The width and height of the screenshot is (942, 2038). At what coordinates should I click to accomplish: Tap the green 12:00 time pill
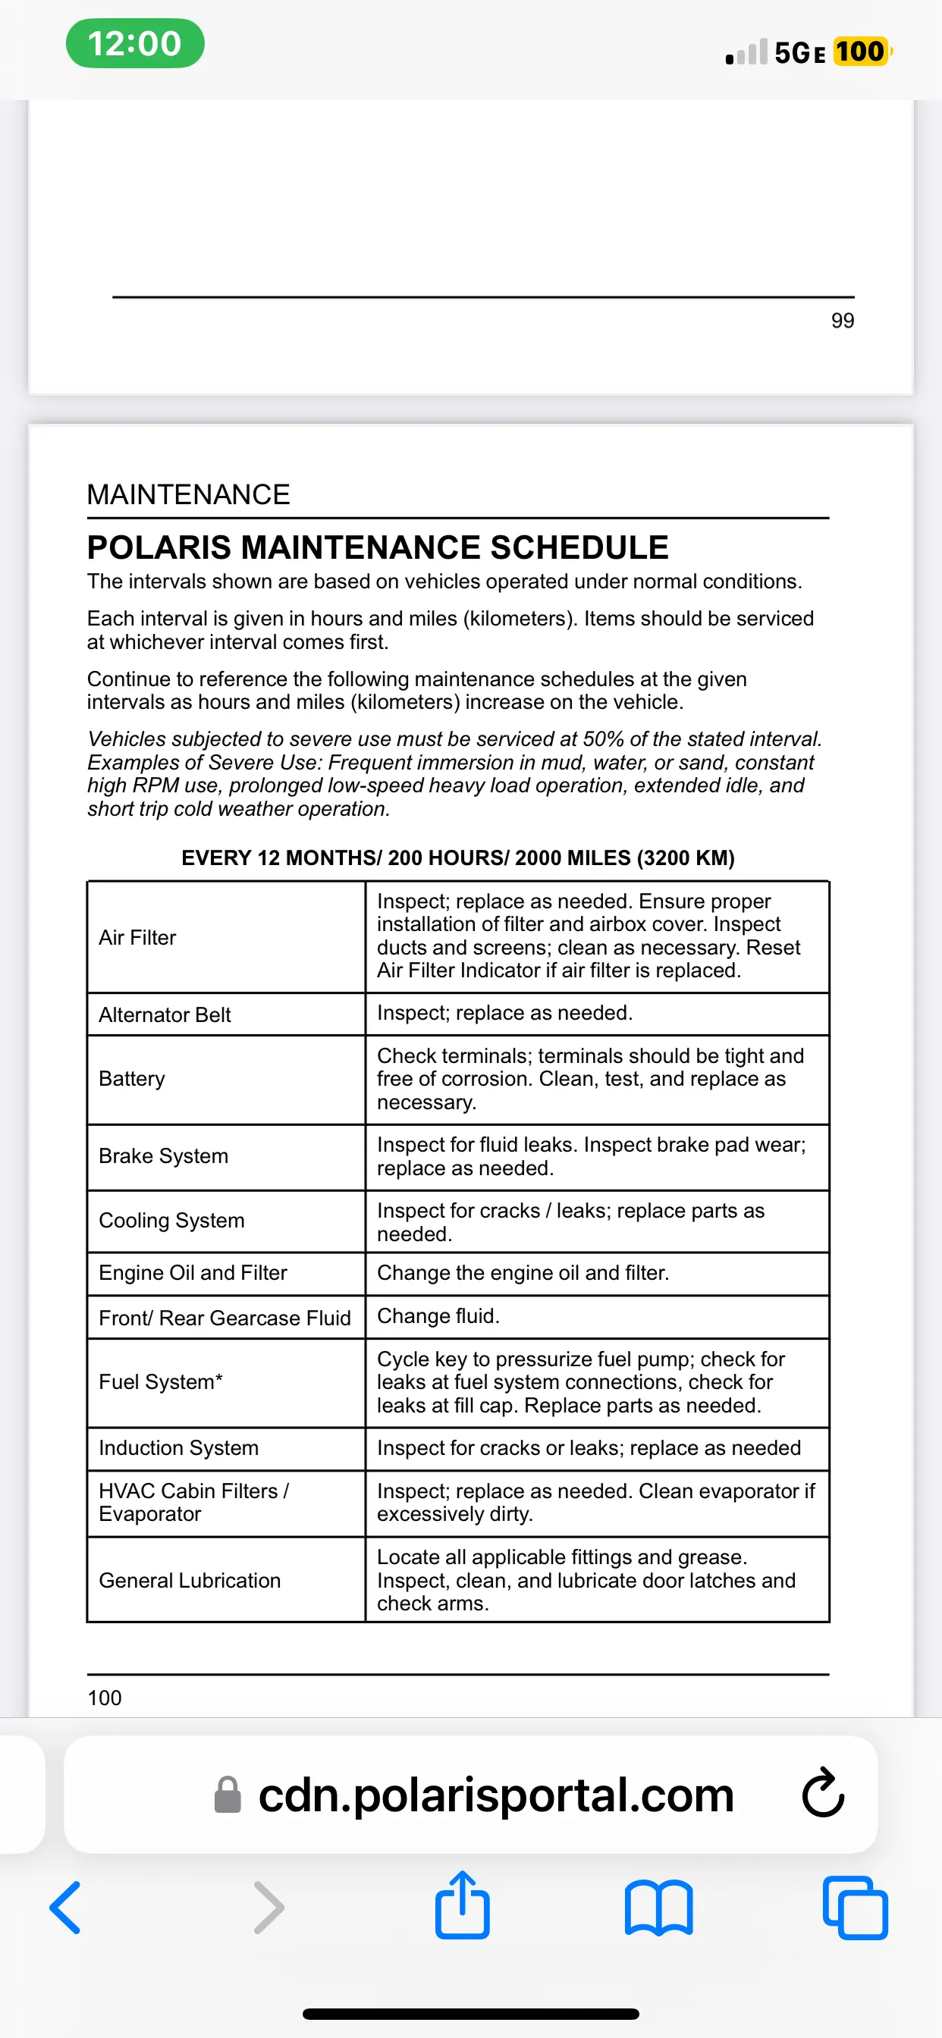coord(134,43)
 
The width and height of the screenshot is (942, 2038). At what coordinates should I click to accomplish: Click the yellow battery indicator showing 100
coord(860,52)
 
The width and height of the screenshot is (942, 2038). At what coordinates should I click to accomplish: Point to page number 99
coord(842,321)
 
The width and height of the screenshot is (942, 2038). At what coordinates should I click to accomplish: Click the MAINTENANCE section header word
coord(188,494)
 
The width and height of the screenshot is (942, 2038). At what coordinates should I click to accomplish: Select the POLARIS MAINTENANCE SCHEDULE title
coord(378,547)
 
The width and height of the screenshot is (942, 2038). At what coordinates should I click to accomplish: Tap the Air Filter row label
coord(138,938)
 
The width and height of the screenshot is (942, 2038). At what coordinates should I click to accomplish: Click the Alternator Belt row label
coord(165,1014)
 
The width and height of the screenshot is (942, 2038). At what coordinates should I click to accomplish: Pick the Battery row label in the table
coord(132,1079)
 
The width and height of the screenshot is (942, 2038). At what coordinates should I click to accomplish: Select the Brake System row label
coord(163,1156)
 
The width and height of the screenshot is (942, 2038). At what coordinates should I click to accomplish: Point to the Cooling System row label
coord(171,1220)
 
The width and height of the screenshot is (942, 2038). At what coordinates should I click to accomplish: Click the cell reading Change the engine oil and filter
coord(523,1272)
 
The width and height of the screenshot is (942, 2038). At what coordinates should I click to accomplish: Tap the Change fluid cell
coord(438,1315)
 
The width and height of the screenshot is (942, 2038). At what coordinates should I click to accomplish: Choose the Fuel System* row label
coord(161,1382)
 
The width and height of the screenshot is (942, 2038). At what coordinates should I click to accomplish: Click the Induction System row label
coord(178,1448)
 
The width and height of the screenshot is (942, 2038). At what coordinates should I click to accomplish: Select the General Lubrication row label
coord(189,1580)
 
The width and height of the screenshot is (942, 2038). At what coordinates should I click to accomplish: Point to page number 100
coord(105,1698)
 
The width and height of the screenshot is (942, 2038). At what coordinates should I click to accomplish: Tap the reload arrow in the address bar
coord(822,1794)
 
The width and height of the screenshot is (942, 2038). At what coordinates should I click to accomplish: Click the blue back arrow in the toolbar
coord(65,1908)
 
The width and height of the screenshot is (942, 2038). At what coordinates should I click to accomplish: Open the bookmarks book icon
coord(658,1908)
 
